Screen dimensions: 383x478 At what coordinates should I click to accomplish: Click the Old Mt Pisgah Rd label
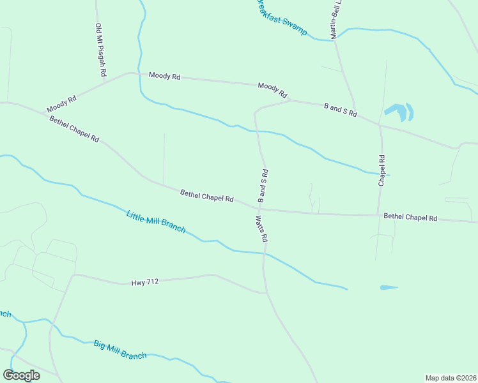[x=100, y=50]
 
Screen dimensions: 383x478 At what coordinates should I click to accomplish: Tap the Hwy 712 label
[x=144, y=281]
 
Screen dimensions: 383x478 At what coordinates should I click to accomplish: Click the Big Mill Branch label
[x=120, y=350]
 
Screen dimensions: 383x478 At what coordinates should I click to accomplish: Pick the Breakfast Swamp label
[x=282, y=18]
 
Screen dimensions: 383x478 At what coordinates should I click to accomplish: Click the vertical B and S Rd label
[x=263, y=186]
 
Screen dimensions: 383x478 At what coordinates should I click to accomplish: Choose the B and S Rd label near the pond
[x=341, y=110]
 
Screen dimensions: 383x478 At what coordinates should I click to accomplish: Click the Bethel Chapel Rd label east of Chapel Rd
[x=410, y=218]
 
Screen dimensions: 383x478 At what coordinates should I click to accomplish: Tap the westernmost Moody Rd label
[x=61, y=104]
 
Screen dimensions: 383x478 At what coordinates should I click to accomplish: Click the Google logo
[x=21, y=375]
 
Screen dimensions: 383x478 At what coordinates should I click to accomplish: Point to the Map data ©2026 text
[x=451, y=378]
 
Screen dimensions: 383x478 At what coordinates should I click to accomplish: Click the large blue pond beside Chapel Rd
[x=400, y=112]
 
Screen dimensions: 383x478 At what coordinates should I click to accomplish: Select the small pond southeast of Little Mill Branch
[x=389, y=288]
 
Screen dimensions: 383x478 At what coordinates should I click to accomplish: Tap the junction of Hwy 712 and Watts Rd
[x=265, y=292]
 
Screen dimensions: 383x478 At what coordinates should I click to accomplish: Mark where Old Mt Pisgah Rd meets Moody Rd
[x=126, y=73]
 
